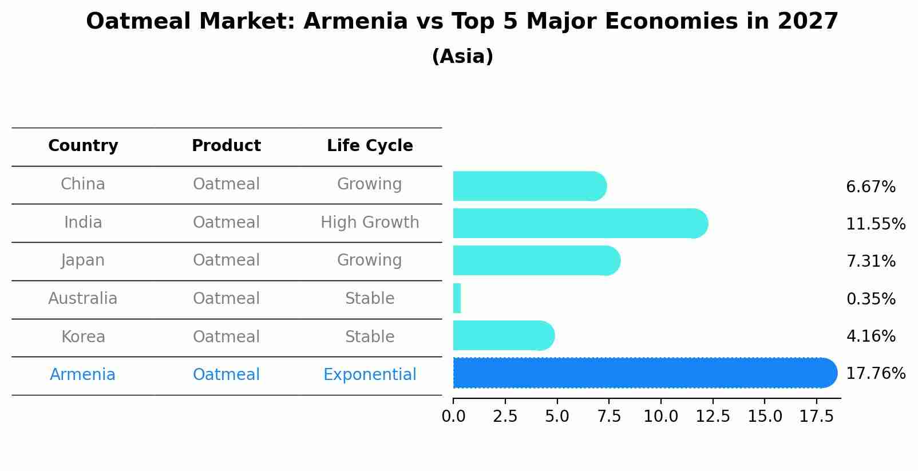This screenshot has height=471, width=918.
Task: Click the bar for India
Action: [x=579, y=223]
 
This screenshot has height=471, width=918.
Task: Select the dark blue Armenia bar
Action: [x=644, y=373]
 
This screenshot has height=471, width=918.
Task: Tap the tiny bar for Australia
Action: [x=457, y=298]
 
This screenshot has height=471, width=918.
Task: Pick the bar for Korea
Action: [x=502, y=335]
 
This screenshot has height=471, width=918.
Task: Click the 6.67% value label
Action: [x=870, y=187]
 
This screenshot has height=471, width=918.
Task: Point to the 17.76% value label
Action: [x=876, y=374]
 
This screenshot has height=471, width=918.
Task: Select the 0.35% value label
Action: [x=870, y=299]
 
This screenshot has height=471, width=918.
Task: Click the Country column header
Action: [x=83, y=146]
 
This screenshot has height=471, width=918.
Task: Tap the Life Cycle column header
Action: [x=370, y=146]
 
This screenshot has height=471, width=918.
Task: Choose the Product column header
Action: [x=226, y=146]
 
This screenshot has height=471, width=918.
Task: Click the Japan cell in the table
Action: [x=83, y=260]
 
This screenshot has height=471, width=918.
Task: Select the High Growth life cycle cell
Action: [x=370, y=223]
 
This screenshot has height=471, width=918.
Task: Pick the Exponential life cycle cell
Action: [x=370, y=375]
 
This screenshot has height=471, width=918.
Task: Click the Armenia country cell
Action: [x=83, y=375]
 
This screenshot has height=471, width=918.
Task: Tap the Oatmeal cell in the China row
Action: [x=226, y=184]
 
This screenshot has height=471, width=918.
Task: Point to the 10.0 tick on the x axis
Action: [x=660, y=417]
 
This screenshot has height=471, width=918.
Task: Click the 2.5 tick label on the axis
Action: [x=505, y=417]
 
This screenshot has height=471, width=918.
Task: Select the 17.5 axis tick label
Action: [x=816, y=417]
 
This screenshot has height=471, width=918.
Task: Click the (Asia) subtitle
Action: [x=462, y=57]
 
